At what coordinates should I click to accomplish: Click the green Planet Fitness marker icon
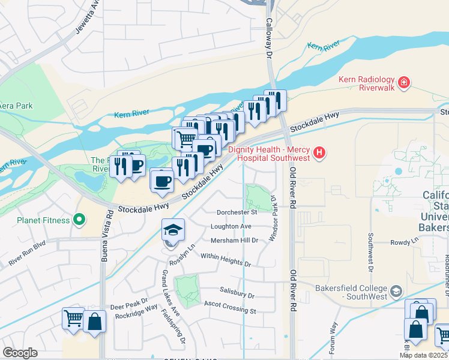(79, 220)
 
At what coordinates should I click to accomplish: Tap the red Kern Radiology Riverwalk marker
(404, 82)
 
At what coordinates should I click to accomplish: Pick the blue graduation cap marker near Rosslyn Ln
(173, 230)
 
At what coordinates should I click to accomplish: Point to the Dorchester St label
(237, 212)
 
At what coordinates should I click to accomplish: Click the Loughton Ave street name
(231, 226)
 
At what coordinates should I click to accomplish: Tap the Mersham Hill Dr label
(234, 241)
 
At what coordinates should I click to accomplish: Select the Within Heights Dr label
(226, 259)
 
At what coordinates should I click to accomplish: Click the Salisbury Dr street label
(238, 296)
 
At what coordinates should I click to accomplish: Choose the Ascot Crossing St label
(230, 310)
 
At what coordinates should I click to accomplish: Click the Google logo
(20, 352)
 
